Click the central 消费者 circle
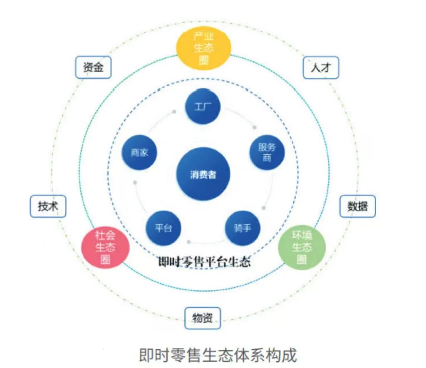[203, 174]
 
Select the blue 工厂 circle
[203, 106]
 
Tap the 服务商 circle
[267, 152]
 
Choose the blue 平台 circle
[163, 228]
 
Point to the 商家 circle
[139, 152]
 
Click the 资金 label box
[93, 67]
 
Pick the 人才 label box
[319, 67]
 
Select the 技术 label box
[48, 206]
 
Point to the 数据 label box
[357, 206]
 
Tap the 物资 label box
[203, 318]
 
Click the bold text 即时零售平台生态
[204, 262]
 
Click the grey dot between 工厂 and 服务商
[255, 127]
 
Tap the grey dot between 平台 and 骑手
[189, 241]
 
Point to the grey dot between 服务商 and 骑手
[264, 207]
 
